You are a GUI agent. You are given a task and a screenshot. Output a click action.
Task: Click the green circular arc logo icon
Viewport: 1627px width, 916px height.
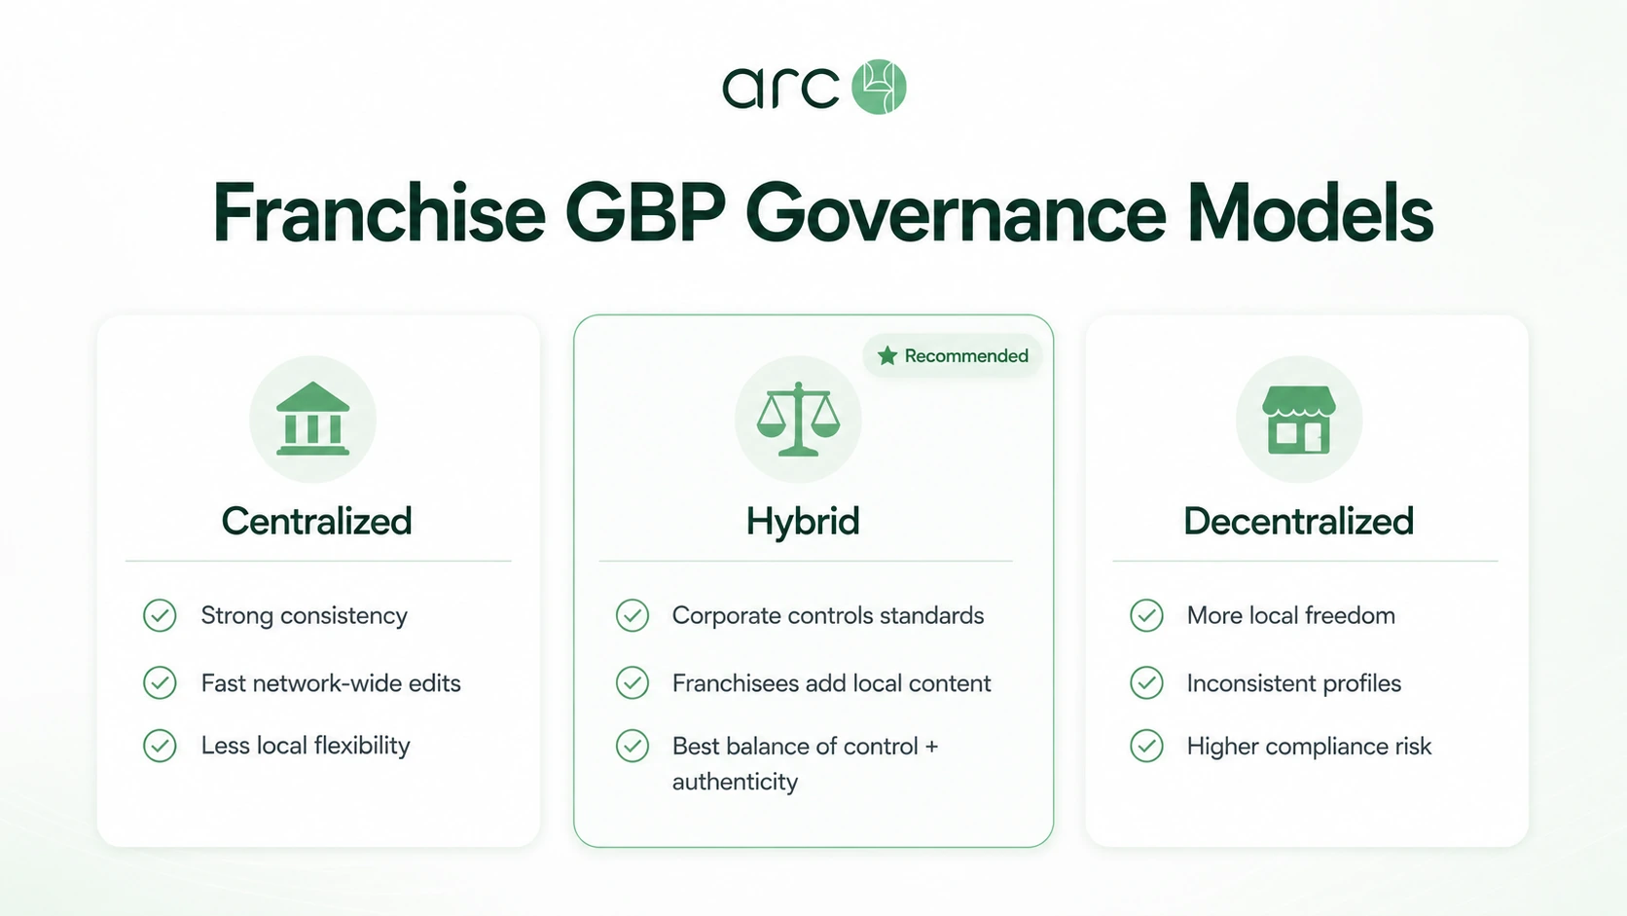point(879,87)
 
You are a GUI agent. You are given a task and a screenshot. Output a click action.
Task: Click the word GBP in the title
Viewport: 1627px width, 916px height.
point(645,213)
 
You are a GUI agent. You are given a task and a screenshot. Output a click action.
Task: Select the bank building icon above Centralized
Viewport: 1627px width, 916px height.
point(313,419)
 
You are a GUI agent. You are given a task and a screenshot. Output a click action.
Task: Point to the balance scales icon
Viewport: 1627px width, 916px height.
point(798,420)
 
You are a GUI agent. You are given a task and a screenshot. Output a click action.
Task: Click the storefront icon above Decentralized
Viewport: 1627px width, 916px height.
point(1299,420)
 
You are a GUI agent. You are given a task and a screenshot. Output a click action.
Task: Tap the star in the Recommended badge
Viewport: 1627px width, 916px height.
point(887,356)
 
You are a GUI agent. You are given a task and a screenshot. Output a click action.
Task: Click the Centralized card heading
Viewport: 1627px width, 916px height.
point(316,521)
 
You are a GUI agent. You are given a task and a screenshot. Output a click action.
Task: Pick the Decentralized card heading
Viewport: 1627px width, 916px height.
point(1299,521)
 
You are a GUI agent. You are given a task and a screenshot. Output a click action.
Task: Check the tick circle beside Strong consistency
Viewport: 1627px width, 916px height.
point(160,615)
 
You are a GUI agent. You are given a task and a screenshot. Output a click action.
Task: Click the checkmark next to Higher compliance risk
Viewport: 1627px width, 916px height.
point(1147,746)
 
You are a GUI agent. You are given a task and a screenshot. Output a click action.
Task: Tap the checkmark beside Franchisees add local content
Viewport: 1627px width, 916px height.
point(633,682)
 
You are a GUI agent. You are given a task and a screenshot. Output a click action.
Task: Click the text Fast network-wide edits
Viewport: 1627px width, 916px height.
point(331,682)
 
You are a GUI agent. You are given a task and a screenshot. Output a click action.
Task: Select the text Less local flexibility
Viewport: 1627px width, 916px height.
point(306,746)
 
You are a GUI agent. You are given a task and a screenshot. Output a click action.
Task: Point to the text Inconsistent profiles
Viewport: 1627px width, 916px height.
point(1294,682)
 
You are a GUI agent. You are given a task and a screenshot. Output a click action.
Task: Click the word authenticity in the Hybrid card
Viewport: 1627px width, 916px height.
point(735,782)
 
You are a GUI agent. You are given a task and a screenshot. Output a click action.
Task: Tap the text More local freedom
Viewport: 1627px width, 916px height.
point(1291,615)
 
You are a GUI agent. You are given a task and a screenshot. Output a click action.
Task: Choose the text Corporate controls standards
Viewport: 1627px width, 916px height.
point(828,615)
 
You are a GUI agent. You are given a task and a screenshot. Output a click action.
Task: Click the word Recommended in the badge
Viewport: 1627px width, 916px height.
point(966,356)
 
